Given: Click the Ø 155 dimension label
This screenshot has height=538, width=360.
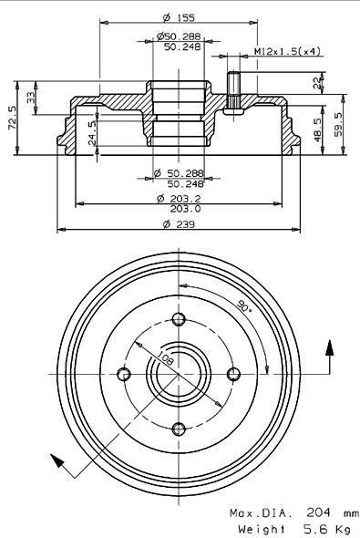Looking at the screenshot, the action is point(179,17).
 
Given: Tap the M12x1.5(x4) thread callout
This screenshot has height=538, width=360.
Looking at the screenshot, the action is point(287,51).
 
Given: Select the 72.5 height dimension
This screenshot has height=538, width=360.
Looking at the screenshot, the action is point(12,118).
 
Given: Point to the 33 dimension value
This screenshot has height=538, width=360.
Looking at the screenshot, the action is point(31,98).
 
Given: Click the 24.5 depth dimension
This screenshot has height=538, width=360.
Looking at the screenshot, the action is point(93,133).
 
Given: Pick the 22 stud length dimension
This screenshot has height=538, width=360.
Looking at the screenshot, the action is point(317,83).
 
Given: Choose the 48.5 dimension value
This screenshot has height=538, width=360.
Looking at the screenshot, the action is point(318,130).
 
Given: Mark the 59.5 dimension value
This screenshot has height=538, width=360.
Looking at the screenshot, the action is point(338,125).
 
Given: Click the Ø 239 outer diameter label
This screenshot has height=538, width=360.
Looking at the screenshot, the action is point(179,224).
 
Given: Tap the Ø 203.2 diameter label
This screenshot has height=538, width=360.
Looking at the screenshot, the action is point(179,198).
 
